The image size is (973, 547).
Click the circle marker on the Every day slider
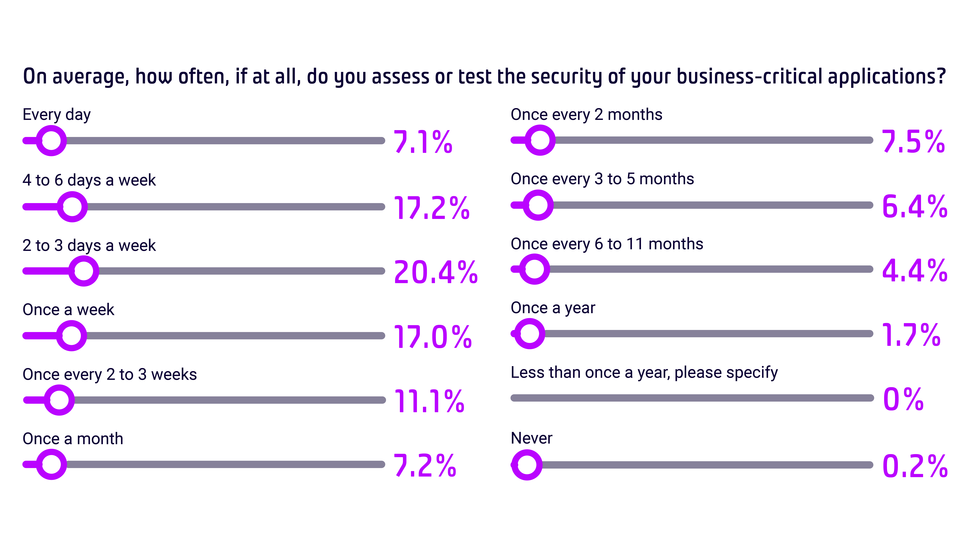click(51, 140)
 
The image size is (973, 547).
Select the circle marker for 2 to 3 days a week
click(84, 271)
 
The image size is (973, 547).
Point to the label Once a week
click(68, 310)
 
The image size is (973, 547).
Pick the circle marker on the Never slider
click(527, 465)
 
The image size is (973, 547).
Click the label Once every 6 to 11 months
click(607, 244)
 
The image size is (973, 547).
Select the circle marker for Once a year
click(530, 333)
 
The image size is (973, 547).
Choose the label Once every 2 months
click(586, 114)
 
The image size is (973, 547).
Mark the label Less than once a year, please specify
click(644, 373)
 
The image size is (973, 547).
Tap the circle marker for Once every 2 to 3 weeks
click(59, 400)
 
